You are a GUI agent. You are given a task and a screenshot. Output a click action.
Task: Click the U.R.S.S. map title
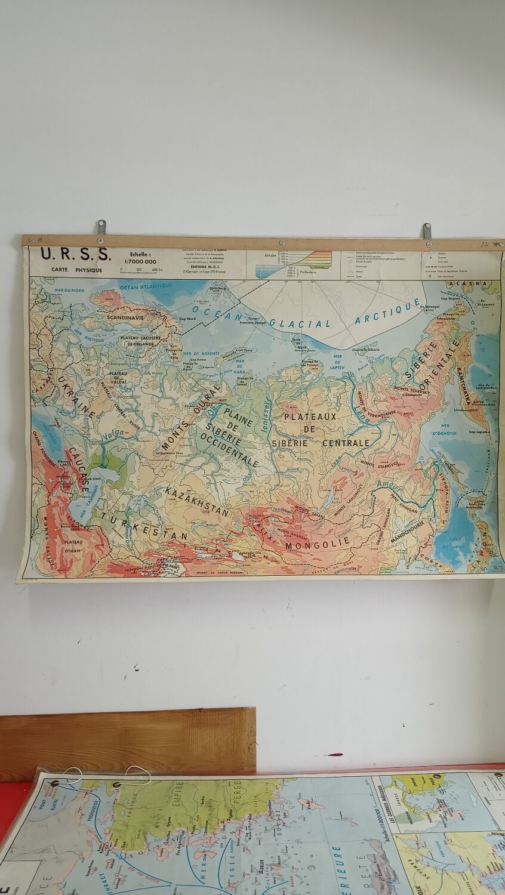pyautogui.click(x=75, y=254)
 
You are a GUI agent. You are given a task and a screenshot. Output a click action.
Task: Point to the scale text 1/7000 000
pyautogui.click(x=140, y=261)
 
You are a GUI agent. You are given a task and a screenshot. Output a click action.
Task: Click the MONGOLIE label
pyautogui.click(x=316, y=544)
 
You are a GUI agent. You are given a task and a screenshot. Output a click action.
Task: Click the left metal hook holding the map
pyautogui.click(x=101, y=227)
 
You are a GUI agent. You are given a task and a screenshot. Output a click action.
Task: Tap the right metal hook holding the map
pyautogui.click(x=427, y=231)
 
